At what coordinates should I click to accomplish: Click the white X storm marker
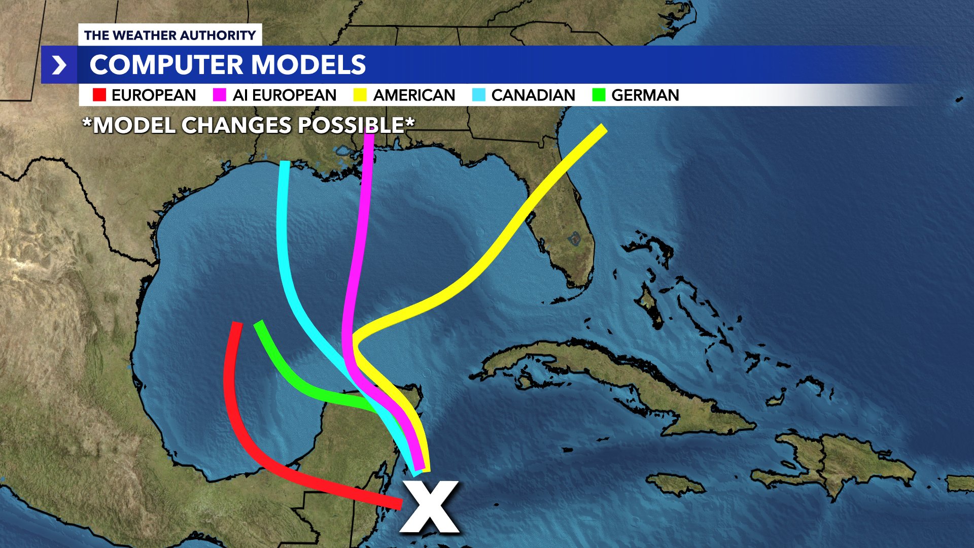(x=430, y=507)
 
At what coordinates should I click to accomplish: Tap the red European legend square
(x=99, y=95)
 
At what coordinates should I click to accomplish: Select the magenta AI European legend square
(x=219, y=95)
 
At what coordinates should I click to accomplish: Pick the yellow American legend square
(x=360, y=95)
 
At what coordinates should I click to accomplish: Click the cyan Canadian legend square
(x=478, y=95)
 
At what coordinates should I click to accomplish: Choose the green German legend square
(x=599, y=95)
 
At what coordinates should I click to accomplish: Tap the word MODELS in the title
(x=308, y=65)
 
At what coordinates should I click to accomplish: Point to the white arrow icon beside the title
(x=59, y=65)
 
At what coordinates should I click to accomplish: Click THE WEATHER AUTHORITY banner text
(x=170, y=35)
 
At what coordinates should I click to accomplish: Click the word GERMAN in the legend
(x=645, y=95)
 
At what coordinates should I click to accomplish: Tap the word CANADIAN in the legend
(x=533, y=95)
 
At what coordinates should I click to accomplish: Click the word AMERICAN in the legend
(x=414, y=95)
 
